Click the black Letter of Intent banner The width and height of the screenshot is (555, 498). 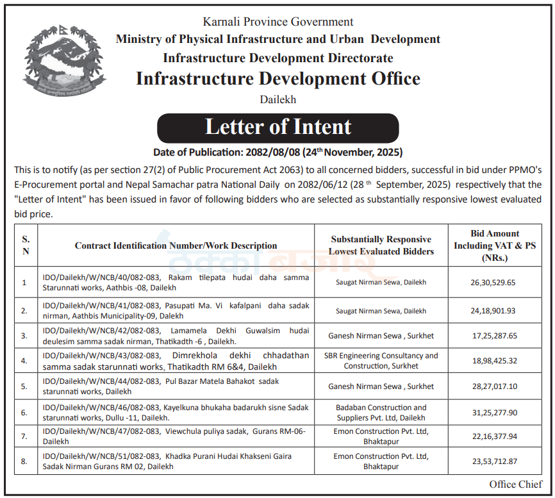point(277,127)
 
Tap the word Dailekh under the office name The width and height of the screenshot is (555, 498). point(277,99)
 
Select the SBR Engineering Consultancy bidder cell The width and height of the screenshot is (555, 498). point(381,361)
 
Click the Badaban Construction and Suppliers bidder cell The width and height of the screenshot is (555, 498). point(381,412)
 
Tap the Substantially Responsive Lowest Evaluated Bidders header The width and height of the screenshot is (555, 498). point(381,245)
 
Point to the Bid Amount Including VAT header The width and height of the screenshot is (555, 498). point(494,245)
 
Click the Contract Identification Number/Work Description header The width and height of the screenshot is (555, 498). point(176,245)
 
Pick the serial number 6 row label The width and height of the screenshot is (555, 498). point(24,412)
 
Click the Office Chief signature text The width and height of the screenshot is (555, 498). point(515,485)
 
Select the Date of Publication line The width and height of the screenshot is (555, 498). point(277,153)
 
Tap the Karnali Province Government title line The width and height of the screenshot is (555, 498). point(277,22)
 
